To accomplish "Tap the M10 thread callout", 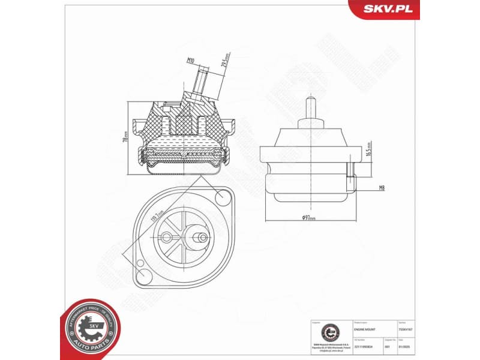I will pyautogui.click(x=190, y=61).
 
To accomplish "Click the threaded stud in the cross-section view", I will pyautogui.click(x=200, y=81).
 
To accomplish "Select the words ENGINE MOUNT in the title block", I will pyautogui.click(x=366, y=328).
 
